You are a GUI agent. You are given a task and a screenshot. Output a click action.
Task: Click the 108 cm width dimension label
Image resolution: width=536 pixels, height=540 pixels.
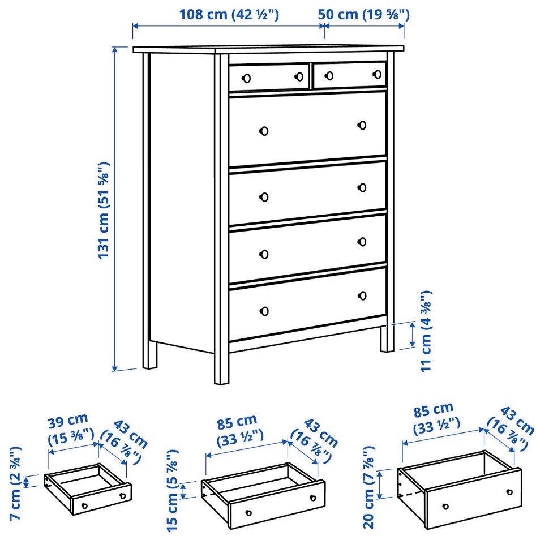click(229, 15)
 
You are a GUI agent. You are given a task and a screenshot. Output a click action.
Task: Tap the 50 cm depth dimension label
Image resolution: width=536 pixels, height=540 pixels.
click(363, 15)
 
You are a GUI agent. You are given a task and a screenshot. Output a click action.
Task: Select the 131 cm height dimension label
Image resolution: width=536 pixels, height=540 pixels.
click(104, 210)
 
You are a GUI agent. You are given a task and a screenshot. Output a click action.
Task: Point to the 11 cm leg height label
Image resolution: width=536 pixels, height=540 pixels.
click(426, 331)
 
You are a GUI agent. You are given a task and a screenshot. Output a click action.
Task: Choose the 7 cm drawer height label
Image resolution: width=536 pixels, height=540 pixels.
click(15, 483)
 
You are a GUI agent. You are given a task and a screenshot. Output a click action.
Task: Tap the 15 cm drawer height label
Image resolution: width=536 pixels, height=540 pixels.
click(172, 490)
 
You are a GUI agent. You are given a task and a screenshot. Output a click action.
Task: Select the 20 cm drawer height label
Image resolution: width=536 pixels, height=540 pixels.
click(368, 487)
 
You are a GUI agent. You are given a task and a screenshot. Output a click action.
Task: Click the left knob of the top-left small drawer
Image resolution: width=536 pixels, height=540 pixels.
click(246, 79)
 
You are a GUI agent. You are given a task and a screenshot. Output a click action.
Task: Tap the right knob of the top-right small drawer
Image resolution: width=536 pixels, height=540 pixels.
click(377, 74)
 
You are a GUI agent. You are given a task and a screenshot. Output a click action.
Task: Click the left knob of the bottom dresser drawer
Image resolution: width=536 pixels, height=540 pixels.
click(264, 311)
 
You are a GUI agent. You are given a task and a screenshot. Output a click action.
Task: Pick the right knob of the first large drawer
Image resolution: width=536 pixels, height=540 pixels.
click(362, 125)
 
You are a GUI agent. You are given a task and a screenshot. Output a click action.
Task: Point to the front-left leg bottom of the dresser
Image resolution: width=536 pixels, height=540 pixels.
click(221, 382)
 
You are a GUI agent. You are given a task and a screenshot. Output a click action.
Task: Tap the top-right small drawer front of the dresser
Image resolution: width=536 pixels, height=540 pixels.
click(350, 75)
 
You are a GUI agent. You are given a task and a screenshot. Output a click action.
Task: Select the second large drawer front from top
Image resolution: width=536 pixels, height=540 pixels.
click(307, 193)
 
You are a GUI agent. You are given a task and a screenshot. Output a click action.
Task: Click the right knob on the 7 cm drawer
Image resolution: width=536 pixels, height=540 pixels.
click(122, 496)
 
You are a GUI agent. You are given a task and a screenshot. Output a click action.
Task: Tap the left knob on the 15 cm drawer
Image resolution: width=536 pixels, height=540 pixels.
click(248, 513)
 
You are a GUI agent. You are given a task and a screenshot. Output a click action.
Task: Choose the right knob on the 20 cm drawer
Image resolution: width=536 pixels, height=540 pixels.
click(509, 492)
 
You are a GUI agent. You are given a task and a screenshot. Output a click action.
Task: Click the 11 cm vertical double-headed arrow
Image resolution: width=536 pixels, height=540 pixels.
click(413, 335)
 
